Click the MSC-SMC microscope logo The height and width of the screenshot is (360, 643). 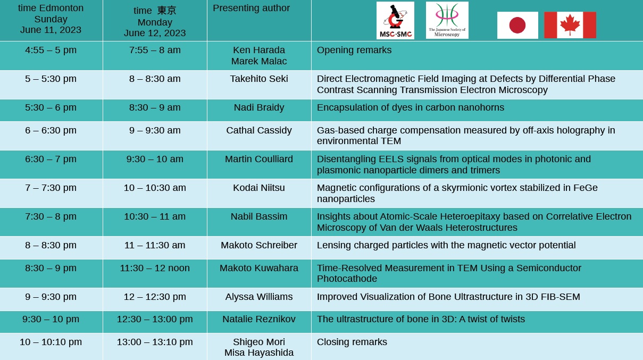[395, 20]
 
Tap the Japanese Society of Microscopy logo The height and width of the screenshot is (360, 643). [447, 20]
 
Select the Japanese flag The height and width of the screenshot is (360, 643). [517, 26]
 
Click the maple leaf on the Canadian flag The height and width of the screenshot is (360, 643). [570, 24]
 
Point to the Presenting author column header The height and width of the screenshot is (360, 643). [251, 8]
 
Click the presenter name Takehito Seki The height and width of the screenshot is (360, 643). [259, 79]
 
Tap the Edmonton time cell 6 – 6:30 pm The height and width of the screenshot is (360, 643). [51, 130]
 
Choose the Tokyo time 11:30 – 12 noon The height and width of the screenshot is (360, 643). [155, 268]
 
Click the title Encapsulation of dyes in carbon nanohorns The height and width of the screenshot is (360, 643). [411, 107]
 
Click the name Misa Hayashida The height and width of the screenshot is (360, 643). [259, 353]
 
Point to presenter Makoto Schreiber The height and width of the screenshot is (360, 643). [259, 245]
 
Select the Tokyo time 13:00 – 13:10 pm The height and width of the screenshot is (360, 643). [155, 342]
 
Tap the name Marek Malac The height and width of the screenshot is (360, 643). [259, 61]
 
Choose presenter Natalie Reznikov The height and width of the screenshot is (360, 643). [259, 319]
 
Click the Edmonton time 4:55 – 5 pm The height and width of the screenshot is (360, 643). [51, 50]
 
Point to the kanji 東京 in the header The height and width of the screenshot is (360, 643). [166, 11]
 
